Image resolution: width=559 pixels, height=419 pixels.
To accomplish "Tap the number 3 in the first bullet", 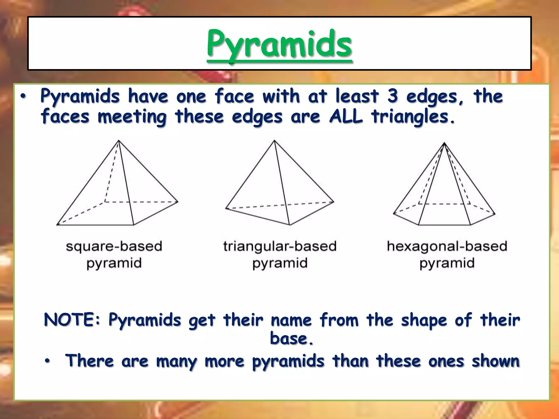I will pyautogui.click(x=392, y=96).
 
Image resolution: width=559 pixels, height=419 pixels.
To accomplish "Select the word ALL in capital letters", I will pyautogui.click(x=346, y=116).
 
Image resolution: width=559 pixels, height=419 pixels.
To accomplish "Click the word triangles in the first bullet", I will pyautogui.click(x=409, y=117).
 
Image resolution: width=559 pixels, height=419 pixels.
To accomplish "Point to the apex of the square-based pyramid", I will pyautogui.click(x=118, y=140).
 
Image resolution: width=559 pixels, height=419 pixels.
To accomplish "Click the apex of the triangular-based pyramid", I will pyautogui.click(x=274, y=140).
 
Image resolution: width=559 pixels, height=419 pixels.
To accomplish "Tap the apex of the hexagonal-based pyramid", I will pyautogui.click(x=444, y=143).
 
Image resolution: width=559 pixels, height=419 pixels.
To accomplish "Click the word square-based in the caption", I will pyautogui.click(x=114, y=246).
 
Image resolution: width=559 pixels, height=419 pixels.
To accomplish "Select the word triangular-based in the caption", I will pyautogui.click(x=280, y=246).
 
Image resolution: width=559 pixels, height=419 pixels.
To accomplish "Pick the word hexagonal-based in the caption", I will pyautogui.click(x=447, y=246).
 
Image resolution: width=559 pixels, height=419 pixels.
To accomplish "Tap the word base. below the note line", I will pyautogui.click(x=292, y=339).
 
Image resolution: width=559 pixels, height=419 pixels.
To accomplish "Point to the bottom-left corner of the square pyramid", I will pyautogui.click(x=57, y=225).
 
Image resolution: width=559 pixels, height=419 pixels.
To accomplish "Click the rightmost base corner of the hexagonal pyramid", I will pyautogui.click(x=495, y=214).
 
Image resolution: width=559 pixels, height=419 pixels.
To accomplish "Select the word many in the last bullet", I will pyautogui.click(x=177, y=361).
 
